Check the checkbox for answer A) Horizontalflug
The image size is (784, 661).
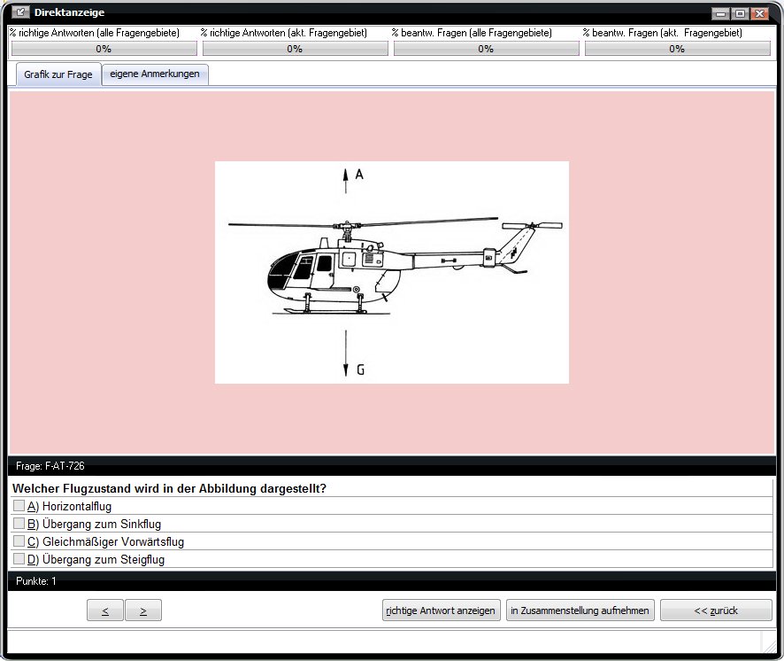pos(19,506)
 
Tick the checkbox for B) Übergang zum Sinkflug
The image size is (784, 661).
pos(19,524)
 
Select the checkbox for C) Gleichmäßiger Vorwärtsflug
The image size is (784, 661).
pos(19,540)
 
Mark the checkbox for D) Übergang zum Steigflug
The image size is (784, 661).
pos(19,558)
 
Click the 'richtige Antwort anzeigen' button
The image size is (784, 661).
pos(441,610)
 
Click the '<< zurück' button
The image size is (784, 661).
pos(716,610)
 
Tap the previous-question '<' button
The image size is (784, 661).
pos(105,610)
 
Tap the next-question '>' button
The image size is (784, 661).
pos(143,610)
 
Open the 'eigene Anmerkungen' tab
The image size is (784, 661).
pos(155,74)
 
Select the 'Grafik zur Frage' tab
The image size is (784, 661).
pos(58,74)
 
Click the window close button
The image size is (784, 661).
pos(760,13)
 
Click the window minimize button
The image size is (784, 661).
pos(720,13)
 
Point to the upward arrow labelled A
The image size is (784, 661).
pos(345,181)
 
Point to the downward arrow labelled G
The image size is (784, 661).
pos(345,353)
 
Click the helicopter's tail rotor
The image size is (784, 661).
pos(532,226)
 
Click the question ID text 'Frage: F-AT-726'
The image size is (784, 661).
pos(50,466)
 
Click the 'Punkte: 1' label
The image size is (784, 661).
pos(36,581)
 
